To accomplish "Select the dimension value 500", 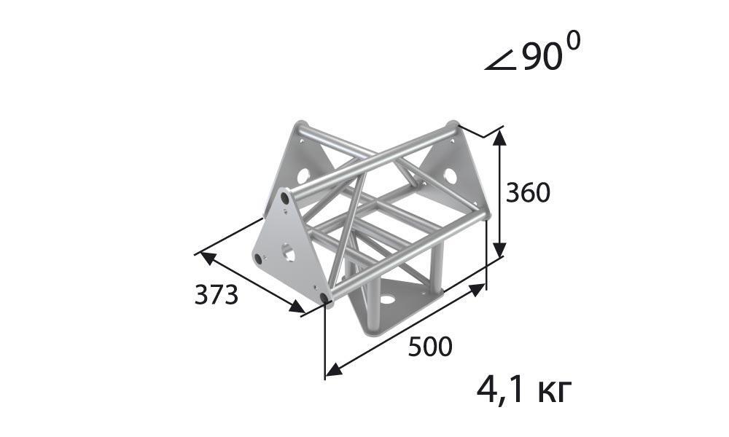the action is tap(430, 347).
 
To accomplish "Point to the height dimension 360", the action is tap(528, 192).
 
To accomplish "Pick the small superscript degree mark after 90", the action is tap(574, 42).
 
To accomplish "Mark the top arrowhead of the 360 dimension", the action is tap(499, 138).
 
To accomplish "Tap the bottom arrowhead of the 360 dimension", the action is tap(499, 250).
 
